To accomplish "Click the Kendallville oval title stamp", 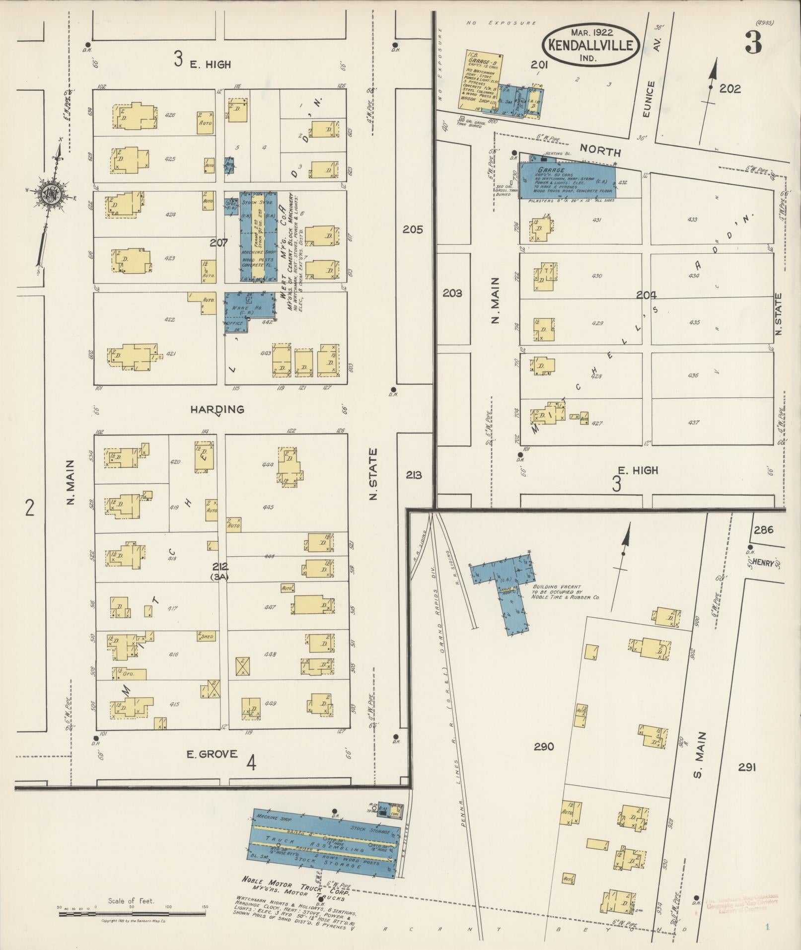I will tap(590, 45).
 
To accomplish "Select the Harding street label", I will tap(218, 409).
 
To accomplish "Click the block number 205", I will tap(413, 229).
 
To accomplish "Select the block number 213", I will tap(414, 475).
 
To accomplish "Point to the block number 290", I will tap(544, 746).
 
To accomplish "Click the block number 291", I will tap(746, 767).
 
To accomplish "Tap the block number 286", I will tap(763, 529).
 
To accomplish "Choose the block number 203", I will tap(452, 293).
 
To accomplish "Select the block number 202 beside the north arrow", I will tap(730, 89).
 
